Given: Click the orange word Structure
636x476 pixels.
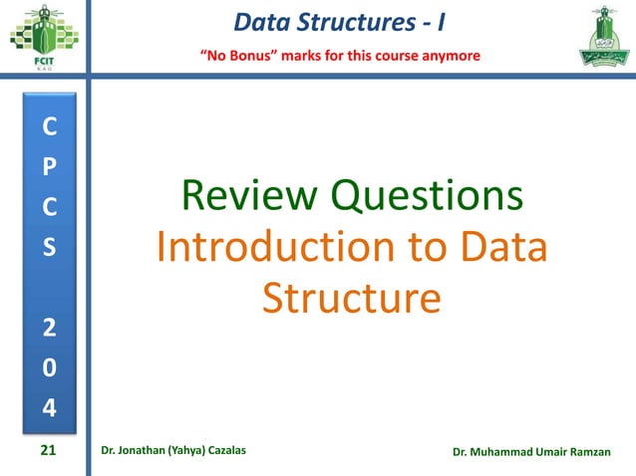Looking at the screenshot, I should pos(350,298).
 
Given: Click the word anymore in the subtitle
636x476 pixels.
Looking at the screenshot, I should pos(450,54).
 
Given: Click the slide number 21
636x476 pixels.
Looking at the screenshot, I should pos(47,452).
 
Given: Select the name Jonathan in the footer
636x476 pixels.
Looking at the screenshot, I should pos(146,453).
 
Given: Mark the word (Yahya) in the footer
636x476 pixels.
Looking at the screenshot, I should pos(184,453).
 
